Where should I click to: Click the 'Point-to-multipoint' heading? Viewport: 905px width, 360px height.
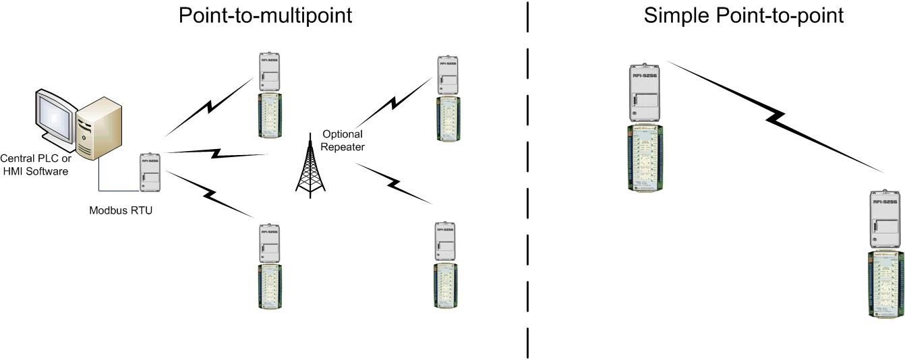click(264, 15)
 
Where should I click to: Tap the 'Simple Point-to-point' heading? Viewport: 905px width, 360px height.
click(743, 15)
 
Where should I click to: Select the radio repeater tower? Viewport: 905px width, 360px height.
click(310, 164)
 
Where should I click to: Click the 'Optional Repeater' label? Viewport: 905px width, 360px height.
click(343, 140)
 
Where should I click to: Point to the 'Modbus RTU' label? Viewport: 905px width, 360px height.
click(121, 210)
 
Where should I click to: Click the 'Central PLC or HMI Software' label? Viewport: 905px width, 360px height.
click(35, 165)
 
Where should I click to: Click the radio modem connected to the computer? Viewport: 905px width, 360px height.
click(150, 172)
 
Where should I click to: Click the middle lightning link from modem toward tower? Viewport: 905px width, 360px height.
click(216, 153)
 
